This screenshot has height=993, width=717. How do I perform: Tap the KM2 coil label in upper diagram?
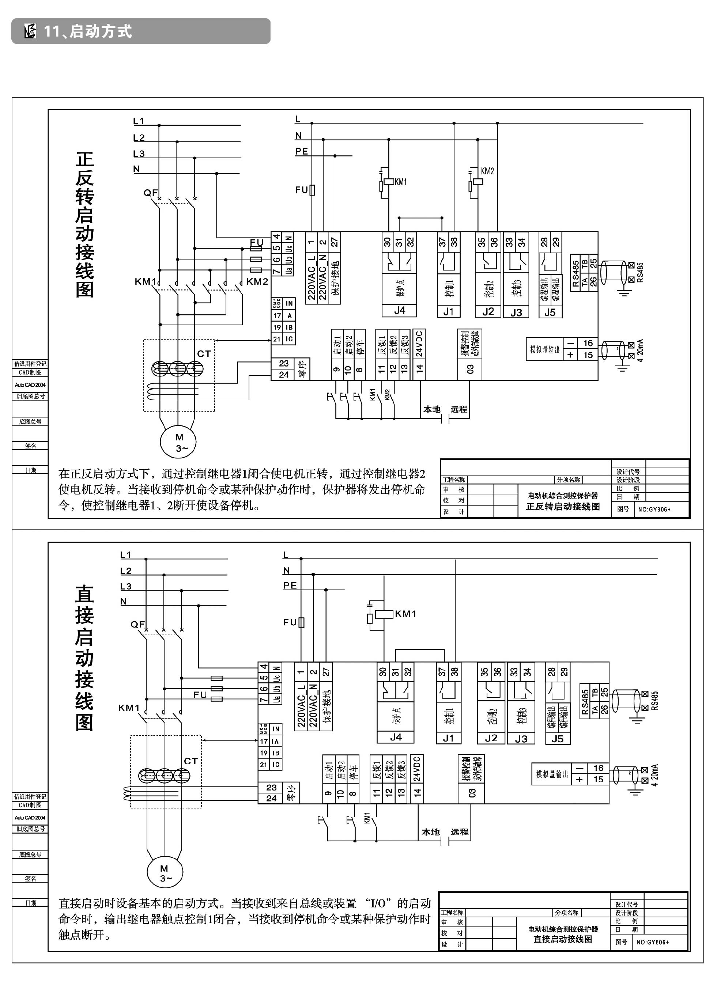click(487, 171)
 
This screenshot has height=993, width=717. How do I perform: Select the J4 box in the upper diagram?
click(400, 311)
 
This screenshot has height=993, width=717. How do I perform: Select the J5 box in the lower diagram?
click(557, 739)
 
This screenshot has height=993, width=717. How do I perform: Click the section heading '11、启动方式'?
click(88, 31)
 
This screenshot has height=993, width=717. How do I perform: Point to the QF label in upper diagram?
click(150, 193)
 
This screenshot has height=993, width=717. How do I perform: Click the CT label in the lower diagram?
click(190, 761)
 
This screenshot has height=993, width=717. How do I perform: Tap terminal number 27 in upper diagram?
click(335, 242)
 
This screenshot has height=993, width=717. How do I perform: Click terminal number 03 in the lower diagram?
click(472, 793)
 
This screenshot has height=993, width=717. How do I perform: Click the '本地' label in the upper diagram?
click(431, 409)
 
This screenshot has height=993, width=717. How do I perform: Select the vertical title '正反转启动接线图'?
click(84, 224)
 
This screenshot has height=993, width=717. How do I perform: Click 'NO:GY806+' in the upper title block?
click(654, 509)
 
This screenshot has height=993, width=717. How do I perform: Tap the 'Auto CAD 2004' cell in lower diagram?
click(30, 818)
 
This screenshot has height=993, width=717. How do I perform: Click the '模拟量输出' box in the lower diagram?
click(552, 774)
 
